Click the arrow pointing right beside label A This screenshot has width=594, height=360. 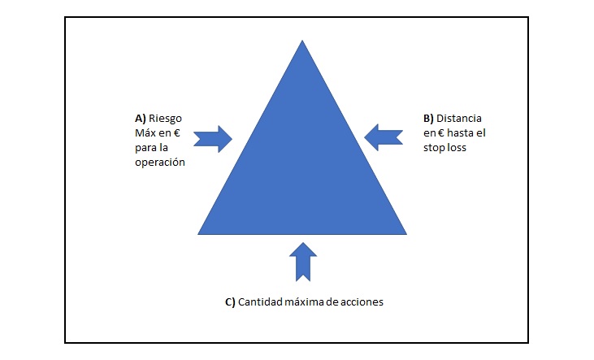click(x=214, y=138)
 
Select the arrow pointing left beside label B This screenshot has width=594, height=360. click(x=384, y=135)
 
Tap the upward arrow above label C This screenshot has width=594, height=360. click(x=302, y=259)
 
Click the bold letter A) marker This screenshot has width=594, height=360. click(x=141, y=117)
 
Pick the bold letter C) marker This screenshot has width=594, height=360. click(x=230, y=301)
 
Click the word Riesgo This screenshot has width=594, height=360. click(x=166, y=117)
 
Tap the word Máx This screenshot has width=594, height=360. click(x=147, y=132)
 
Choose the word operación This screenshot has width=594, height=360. click(x=160, y=162)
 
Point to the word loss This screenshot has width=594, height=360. click(x=460, y=147)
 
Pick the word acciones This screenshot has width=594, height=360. click(x=361, y=301)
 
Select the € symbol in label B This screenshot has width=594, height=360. click(x=440, y=132)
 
